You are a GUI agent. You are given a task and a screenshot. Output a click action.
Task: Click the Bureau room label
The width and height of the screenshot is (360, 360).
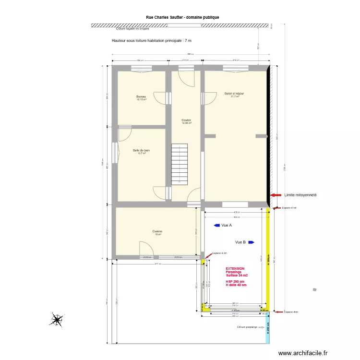click(141, 96)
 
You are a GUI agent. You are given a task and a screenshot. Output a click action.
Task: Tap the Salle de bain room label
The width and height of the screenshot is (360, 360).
click(141, 150)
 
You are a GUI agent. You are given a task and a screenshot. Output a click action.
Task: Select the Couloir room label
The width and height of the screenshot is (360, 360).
click(186, 120)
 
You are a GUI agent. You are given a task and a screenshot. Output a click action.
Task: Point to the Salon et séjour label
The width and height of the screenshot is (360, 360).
click(234, 94)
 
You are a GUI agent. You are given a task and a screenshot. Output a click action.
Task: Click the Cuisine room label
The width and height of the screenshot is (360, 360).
click(157, 231)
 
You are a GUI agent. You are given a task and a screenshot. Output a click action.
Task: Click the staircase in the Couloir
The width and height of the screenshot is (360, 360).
click(180, 164)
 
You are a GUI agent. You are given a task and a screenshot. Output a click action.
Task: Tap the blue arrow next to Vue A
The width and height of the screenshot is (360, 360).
click(216, 225)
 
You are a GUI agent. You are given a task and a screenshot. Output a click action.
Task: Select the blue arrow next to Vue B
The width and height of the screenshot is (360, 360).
click(251, 242)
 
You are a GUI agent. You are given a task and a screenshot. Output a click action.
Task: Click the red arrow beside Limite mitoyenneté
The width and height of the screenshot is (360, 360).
click(276, 195)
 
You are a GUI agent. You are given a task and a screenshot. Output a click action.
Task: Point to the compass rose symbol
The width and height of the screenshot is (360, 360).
click(57, 320)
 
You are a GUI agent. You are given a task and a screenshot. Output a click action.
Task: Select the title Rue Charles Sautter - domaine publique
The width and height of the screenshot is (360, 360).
click(182, 17)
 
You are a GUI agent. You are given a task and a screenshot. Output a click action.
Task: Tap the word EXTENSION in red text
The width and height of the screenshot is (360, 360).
click(235, 269)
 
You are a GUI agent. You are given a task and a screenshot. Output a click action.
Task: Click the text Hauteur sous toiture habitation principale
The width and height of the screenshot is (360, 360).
click(152, 41)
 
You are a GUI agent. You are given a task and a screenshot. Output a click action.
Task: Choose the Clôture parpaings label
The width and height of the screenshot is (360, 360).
click(247, 327)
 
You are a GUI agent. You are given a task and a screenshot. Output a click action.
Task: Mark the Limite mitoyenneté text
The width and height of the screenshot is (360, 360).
click(300, 195)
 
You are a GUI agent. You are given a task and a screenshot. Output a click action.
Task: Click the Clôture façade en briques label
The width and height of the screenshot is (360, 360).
click(132, 29)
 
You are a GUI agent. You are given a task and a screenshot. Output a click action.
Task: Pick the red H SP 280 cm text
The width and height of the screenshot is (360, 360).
click(235, 281)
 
